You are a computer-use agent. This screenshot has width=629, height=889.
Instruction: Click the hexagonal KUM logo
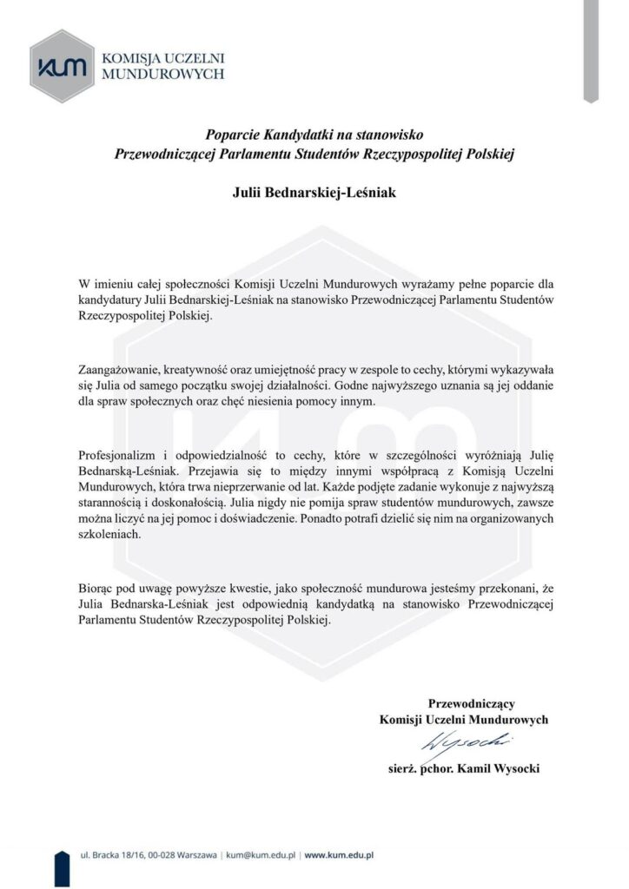click(x=62, y=66)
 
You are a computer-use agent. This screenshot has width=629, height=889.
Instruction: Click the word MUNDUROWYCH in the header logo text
click(x=163, y=75)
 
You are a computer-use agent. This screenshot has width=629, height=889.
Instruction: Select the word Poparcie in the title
click(x=233, y=135)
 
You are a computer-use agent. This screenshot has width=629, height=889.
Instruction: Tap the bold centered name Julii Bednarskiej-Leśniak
click(x=314, y=192)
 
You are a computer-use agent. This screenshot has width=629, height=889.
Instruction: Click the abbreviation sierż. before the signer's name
click(x=404, y=768)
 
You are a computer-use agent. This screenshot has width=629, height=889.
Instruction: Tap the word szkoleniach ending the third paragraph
click(x=109, y=536)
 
